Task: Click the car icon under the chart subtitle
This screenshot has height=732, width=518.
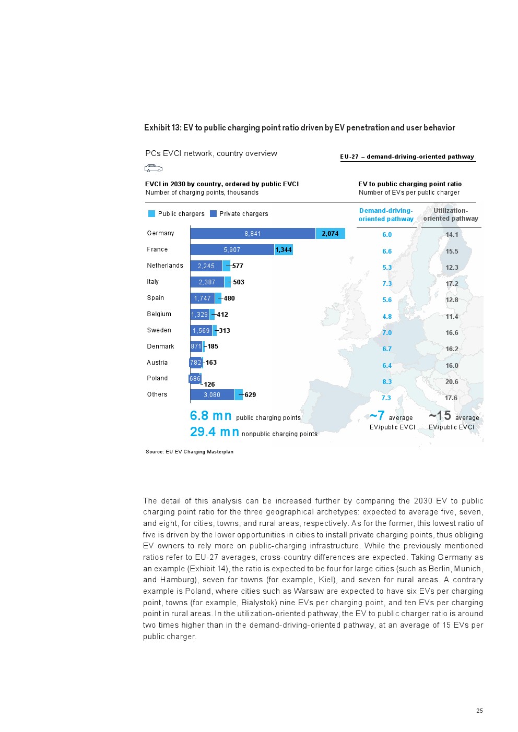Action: (154, 169)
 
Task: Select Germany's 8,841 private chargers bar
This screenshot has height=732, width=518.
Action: (253, 234)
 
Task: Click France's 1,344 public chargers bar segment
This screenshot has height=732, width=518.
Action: (284, 250)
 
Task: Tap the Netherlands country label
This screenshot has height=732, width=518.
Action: (165, 266)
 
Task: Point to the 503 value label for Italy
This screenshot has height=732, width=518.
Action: (239, 282)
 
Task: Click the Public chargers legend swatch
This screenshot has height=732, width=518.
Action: (152, 214)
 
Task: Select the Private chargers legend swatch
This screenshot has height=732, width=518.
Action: (213, 214)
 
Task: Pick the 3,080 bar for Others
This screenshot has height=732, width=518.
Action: (212, 395)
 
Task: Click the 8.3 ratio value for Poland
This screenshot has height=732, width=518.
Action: (387, 382)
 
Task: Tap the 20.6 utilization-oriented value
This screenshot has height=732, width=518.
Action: (452, 382)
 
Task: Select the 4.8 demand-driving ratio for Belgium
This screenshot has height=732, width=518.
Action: (387, 317)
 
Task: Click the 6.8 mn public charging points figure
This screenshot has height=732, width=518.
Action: (211, 416)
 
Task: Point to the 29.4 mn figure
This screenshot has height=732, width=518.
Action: (215, 432)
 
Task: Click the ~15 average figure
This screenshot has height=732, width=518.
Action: (440, 416)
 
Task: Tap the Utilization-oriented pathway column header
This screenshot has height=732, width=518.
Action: (451, 215)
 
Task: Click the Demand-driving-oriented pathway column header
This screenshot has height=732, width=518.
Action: (386, 215)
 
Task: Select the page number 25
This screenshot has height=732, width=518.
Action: (479, 711)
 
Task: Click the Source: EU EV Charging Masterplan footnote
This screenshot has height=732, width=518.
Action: (190, 452)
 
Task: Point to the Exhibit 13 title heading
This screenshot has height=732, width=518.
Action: (299, 128)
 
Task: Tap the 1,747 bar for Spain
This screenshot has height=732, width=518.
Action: (203, 298)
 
